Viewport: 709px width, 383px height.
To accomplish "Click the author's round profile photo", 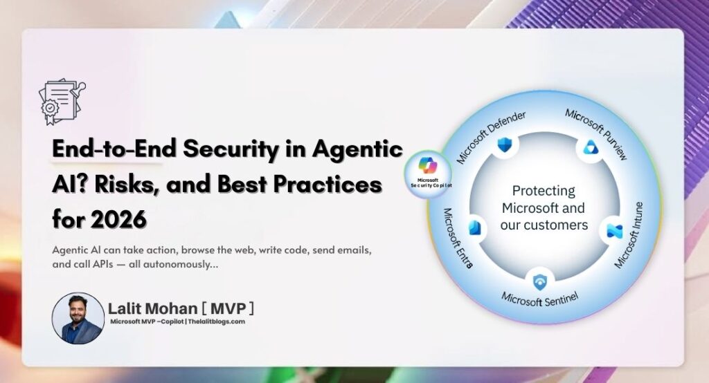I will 78,317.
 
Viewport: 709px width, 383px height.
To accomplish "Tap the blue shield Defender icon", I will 504,146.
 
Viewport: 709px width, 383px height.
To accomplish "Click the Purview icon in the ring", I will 590,146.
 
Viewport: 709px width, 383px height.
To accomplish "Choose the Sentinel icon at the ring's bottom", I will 540,281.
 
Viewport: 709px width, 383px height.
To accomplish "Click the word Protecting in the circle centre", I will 544,190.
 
